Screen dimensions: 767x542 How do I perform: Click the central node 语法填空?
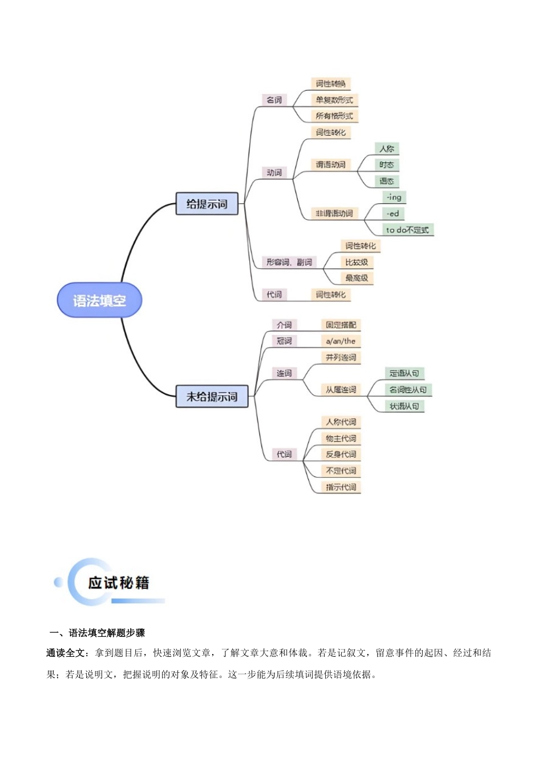tap(99, 300)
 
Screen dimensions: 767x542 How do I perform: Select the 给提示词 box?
tap(207, 204)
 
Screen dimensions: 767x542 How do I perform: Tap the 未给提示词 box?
tap(212, 396)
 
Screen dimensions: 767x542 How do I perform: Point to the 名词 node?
tap(274, 100)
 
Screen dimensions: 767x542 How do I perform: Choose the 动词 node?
tap(274, 172)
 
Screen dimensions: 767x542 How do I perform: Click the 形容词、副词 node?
tap(289, 262)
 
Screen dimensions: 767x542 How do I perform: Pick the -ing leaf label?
tap(394, 197)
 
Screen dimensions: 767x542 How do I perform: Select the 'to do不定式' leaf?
tap(407, 229)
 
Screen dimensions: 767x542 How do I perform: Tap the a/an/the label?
tap(341, 341)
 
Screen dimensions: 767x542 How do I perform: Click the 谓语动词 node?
tap(331, 164)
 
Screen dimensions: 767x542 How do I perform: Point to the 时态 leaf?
tap(387, 165)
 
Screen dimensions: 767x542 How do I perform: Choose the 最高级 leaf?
tap(357, 278)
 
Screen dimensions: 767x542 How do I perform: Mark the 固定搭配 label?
tap(341, 325)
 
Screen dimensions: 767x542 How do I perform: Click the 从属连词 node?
tap(341, 390)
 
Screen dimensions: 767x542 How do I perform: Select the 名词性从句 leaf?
tap(407, 390)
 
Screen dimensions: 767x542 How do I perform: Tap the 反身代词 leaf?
tap(341, 454)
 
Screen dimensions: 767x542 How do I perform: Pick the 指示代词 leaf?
tap(341, 487)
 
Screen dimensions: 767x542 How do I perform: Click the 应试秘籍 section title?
tap(119, 583)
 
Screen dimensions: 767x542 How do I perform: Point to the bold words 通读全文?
tap(66, 653)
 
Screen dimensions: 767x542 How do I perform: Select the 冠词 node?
tap(284, 341)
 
